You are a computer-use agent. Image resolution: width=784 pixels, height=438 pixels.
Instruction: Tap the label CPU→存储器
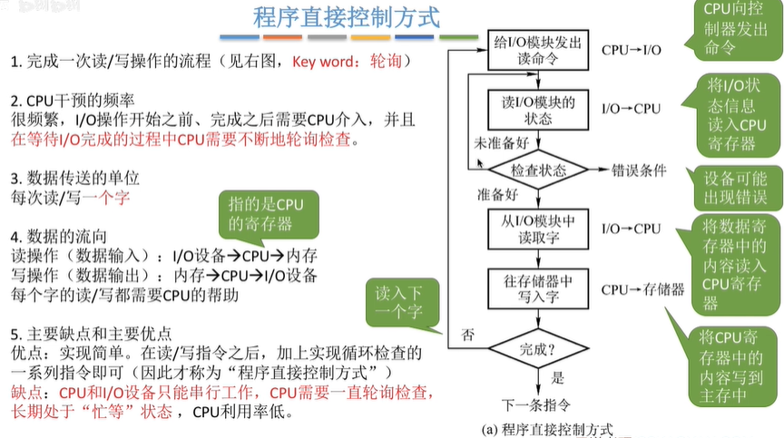[642, 289]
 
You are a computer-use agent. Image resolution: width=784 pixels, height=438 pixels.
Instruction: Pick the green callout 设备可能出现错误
[735, 187]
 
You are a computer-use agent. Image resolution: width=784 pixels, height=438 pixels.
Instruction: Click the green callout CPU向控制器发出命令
[734, 29]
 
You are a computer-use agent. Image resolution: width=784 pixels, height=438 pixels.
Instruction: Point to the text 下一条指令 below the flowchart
[538, 403]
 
